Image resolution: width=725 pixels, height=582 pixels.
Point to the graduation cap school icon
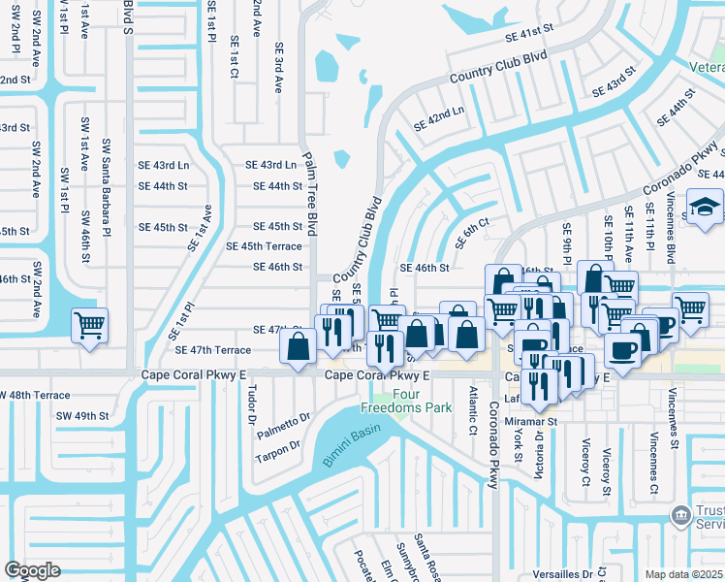pyautogui.click(x=703, y=208)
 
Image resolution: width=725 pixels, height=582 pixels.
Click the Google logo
pyautogui.click(x=32, y=569)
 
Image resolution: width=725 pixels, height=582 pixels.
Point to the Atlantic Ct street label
pyautogui.click(x=473, y=410)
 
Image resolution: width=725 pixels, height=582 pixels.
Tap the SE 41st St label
pyautogui.click(x=528, y=34)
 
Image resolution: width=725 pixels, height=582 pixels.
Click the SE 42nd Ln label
pyautogui.click(x=439, y=120)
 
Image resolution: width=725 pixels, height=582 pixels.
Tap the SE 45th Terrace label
pyautogui.click(x=264, y=246)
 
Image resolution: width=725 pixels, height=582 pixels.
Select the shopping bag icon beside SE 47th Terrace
pyautogui.click(x=299, y=344)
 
